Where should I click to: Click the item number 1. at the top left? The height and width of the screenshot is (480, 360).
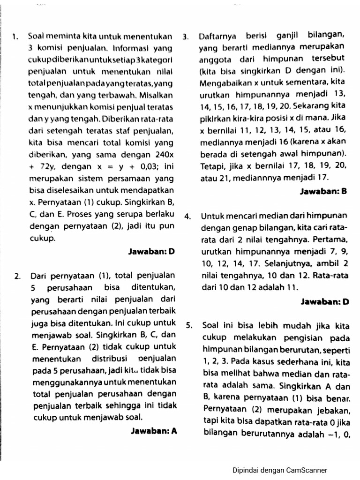click(x=15, y=36)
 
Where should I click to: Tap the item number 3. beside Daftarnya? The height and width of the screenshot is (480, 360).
click(x=186, y=36)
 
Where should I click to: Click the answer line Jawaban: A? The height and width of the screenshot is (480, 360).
click(x=154, y=430)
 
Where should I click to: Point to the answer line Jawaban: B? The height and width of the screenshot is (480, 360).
click(x=324, y=192)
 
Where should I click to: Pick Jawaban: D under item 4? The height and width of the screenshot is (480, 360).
click(x=325, y=302)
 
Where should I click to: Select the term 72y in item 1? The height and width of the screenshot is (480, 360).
click(x=45, y=166)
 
